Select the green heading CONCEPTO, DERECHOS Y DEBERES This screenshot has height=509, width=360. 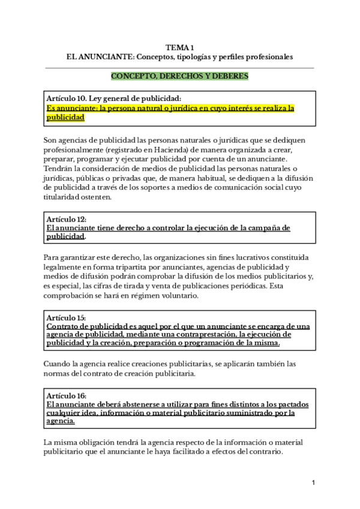pyautogui.click(x=180, y=76)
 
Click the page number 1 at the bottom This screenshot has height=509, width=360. pyautogui.click(x=313, y=483)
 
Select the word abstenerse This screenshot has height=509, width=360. pyautogui.click(x=133, y=405)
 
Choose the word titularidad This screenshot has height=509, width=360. pyautogui.click(x=64, y=197)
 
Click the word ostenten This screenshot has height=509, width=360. pyautogui.click(x=97, y=197)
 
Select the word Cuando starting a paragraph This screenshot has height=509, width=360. pyautogui.click(x=59, y=364)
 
